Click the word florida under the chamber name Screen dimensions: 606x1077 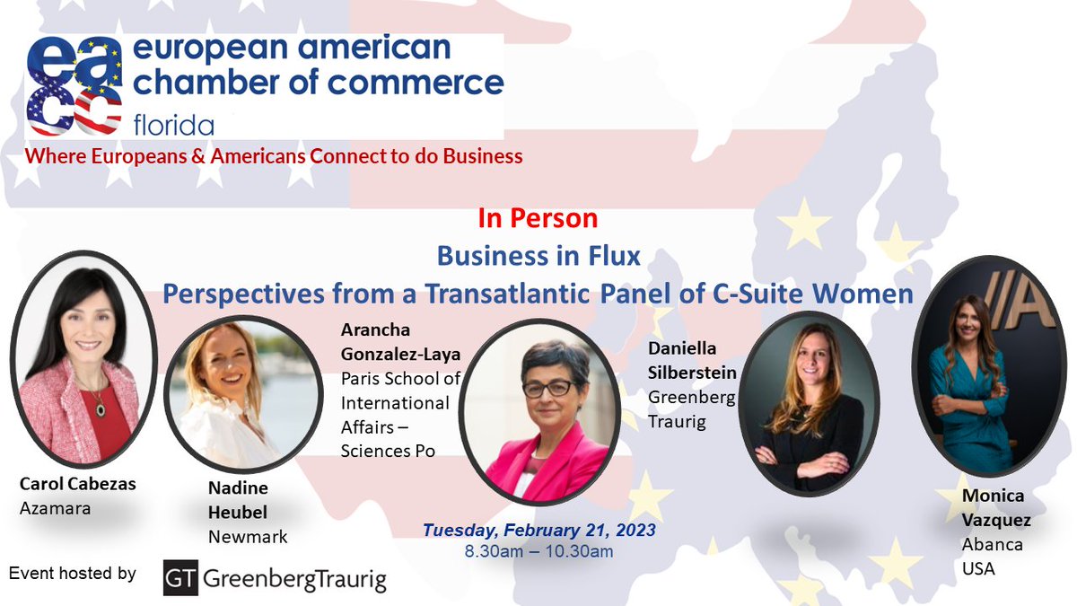174,123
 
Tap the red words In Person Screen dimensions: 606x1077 538,218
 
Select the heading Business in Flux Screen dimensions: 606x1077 538,256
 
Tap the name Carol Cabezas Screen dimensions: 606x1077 77,485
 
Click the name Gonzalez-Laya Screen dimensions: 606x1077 400,355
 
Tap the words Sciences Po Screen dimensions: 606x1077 388,451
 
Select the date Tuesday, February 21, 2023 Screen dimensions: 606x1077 539,530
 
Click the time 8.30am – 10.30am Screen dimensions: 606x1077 538,551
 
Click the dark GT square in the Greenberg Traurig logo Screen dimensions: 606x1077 180,579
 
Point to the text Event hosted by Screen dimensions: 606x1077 72,573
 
